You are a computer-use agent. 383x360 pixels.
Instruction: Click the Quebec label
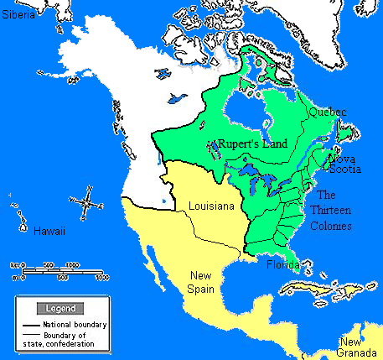(328, 111)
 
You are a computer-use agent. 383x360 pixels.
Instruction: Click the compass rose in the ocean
(82, 201)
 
